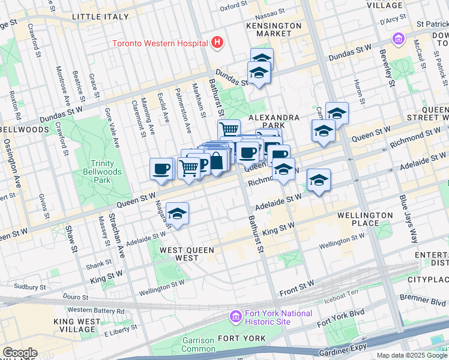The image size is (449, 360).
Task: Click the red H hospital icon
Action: [217, 43]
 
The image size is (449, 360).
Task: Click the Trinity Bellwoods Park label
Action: [102, 172]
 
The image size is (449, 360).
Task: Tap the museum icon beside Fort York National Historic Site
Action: [235, 316]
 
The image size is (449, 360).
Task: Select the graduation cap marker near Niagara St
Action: [177, 214]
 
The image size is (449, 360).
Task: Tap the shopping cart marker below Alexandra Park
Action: [229, 130]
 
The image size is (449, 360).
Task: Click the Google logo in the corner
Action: [19, 353]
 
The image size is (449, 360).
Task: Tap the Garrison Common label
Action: [196, 344]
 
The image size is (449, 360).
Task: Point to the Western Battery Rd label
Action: [95, 310]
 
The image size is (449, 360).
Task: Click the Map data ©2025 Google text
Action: [412, 355]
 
